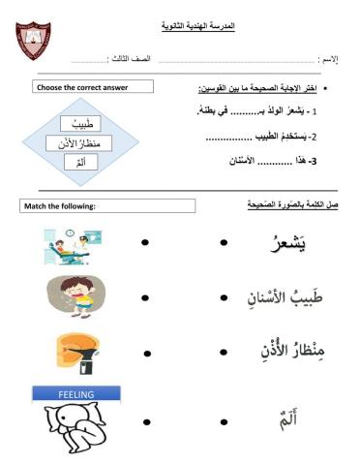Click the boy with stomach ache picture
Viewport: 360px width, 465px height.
pos(75,298)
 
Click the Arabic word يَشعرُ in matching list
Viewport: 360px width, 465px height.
pos(287,243)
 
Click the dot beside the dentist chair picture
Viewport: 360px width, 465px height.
pos(145,241)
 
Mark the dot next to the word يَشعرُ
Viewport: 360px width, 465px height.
pos(223,241)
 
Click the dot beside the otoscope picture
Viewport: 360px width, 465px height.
pos(145,356)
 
